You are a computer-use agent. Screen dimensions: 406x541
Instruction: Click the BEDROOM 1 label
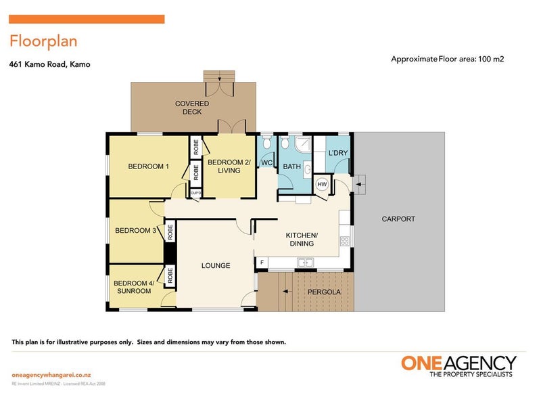pyautogui.click(x=148, y=166)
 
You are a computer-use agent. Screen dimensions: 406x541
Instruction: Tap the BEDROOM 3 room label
pyautogui.click(x=136, y=230)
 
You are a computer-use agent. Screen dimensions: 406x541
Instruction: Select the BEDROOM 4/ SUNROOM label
pyautogui.click(x=133, y=287)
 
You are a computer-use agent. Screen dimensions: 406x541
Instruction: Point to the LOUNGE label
pyautogui.click(x=216, y=265)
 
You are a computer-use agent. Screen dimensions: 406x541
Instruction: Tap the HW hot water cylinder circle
pyautogui.click(x=322, y=184)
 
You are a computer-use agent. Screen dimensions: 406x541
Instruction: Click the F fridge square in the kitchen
pyautogui.click(x=260, y=261)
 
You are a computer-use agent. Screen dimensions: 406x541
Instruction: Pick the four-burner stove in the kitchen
pyautogui.click(x=347, y=240)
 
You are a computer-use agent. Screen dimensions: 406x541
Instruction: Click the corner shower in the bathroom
pyautogui.click(x=302, y=143)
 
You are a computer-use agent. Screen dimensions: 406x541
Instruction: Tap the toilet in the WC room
pyautogui.click(x=266, y=143)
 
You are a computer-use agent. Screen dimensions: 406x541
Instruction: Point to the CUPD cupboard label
pyautogui.click(x=195, y=192)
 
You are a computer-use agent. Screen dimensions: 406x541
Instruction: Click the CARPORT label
pyautogui.click(x=398, y=219)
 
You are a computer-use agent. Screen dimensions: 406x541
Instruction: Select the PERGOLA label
pyautogui.click(x=324, y=292)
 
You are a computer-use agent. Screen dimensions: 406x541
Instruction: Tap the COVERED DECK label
pyautogui.click(x=192, y=108)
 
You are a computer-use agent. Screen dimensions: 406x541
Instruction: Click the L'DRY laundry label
pyautogui.click(x=338, y=153)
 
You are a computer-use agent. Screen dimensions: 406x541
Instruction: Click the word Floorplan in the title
pyautogui.click(x=43, y=41)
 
